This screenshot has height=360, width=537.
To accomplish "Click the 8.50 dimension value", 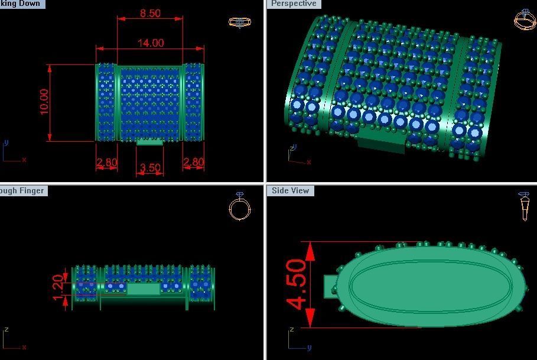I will [x=150, y=13].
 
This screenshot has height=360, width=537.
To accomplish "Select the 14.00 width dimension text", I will [x=150, y=43].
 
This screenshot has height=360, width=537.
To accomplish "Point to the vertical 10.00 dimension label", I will [x=44, y=102].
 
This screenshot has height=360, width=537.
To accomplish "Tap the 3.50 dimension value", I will [x=149, y=168].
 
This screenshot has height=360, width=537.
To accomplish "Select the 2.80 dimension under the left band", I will [x=106, y=163].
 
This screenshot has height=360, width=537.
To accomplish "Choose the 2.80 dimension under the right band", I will [x=193, y=163].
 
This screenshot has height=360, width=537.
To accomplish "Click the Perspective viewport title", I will [x=294, y=4].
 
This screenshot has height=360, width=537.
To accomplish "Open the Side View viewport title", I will [x=291, y=190].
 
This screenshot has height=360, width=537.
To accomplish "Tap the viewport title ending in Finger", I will [x=22, y=190].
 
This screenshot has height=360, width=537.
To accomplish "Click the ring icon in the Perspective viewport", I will [x=525, y=20].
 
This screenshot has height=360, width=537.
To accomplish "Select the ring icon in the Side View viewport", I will [x=524, y=207].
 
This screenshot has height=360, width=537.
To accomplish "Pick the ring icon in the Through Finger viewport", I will [x=239, y=207].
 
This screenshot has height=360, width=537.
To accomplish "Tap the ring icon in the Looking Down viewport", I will [x=239, y=22].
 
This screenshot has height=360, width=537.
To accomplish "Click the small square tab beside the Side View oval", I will [x=330, y=287].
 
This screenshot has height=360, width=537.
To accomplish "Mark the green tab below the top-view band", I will [x=149, y=142].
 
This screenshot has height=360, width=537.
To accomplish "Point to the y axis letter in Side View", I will [x=308, y=348].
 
